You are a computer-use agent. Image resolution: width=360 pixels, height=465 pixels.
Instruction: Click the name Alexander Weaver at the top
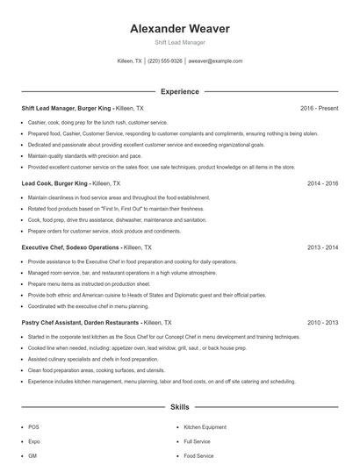coord(179,29)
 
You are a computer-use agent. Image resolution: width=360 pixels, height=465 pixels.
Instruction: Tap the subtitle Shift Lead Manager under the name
coord(179,43)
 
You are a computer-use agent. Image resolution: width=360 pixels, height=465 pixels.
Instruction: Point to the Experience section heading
coord(179,91)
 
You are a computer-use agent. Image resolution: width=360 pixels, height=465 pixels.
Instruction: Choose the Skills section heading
coord(179,408)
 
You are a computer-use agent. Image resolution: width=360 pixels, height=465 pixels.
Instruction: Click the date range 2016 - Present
coord(319,107)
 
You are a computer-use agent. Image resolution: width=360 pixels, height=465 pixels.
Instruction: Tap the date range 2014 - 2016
coord(322,184)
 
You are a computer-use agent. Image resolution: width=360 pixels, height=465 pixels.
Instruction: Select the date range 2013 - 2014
coord(322,248)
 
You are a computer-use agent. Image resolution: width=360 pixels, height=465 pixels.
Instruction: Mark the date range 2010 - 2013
coord(322,323)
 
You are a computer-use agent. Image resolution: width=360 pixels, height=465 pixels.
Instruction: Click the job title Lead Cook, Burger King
coord(55,184)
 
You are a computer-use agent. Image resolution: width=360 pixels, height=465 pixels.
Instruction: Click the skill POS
coord(33,426)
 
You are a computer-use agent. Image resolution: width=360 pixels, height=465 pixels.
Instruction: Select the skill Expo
coord(34,441)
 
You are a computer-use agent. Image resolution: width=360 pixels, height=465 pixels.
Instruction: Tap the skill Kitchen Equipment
coord(205,426)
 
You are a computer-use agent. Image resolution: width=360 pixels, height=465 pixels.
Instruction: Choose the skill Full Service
coord(197,441)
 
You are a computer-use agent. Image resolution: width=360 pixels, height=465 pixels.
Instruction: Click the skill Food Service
coord(198,456)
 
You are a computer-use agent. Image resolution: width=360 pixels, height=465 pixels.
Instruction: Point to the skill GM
coord(32,456)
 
